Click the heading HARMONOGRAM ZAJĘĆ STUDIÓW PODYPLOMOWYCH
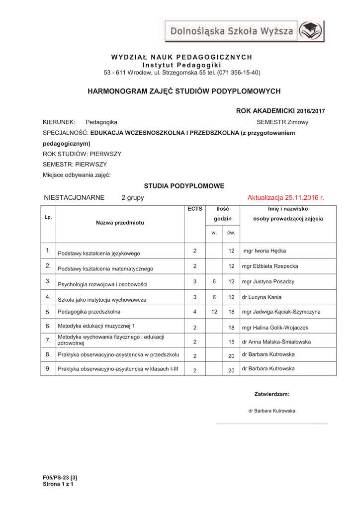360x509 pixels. pos(184,91)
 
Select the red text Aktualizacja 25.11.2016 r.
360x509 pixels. pos(285,198)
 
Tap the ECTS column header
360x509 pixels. pos(195,209)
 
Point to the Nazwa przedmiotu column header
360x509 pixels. pos(120,223)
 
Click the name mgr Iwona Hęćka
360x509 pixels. pos(264,251)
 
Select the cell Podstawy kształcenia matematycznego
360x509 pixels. pos(105,269)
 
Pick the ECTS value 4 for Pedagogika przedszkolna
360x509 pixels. pos(195,312)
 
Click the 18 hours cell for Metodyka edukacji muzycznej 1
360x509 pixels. pos(231,328)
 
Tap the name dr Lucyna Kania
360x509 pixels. pos(261,297)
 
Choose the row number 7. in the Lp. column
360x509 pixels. pos(48,340)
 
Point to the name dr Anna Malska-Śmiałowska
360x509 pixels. pos(276,342)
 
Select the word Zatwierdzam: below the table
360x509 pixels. pos(271,394)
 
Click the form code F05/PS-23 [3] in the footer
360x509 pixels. pos(60,478)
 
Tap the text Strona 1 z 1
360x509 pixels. pos(58,484)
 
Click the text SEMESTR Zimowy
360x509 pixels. pos(282,122)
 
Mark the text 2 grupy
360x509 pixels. pos(132,198)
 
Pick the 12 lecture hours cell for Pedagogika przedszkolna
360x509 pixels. pos(214,312)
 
